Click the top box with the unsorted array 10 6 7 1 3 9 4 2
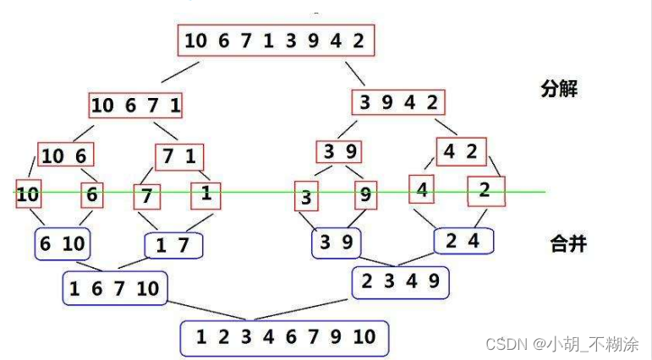(275, 41)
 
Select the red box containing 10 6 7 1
(136, 106)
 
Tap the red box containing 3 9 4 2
(398, 102)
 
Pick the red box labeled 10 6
(65, 155)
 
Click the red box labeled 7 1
(179, 156)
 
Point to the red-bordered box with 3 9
(338, 152)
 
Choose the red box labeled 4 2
(461, 151)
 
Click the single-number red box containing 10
(28, 194)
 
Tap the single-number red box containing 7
(146, 196)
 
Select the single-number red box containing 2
(485, 190)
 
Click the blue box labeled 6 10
(63, 244)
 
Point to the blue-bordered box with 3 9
(336, 243)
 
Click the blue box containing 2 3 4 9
(400, 281)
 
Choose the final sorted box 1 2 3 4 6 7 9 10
(284, 337)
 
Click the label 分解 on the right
(559, 89)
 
